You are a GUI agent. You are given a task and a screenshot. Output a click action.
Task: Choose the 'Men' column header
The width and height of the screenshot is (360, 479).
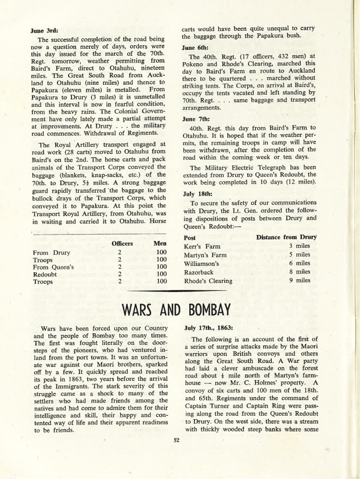click(160, 243)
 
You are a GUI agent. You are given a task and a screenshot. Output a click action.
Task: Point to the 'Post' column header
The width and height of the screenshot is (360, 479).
click(189, 237)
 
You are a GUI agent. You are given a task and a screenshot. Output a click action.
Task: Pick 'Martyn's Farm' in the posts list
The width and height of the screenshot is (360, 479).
click(205, 255)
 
